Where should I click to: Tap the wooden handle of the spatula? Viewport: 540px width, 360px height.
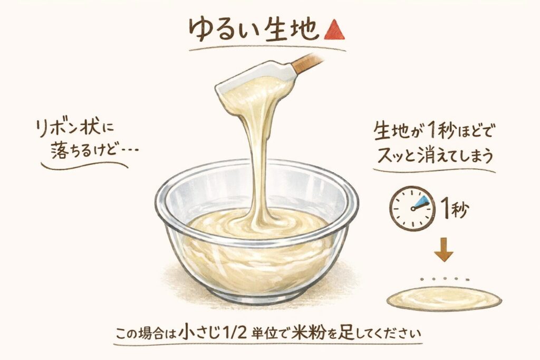pyautogui.click(x=307, y=63)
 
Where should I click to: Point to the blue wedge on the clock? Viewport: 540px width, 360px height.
pyautogui.click(x=421, y=202)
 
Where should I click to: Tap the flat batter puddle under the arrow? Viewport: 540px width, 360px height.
pyautogui.click(x=444, y=299)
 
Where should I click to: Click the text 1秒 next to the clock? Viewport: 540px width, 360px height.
pyautogui.click(x=455, y=208)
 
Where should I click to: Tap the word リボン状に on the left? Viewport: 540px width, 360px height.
pyautogui.click(x=75, y=129)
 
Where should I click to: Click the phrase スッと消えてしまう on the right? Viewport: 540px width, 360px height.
pyautogui.click(x=435, y=155)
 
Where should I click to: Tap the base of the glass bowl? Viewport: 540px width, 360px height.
pyautogui.click(x=257, y=295)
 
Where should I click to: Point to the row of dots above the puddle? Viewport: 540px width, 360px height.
pyautogui.click(x=445, y=278)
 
